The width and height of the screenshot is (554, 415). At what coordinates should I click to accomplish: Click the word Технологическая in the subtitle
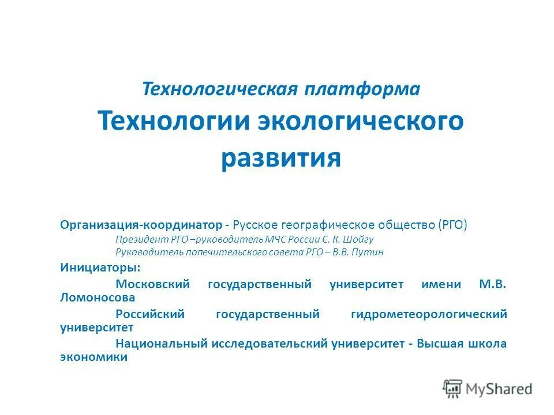click(220, 89)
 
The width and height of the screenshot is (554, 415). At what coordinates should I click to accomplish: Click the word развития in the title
click(280, 157)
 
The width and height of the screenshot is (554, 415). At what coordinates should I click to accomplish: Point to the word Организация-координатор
click(141, 224)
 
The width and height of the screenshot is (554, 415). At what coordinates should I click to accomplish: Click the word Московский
click(153, 284)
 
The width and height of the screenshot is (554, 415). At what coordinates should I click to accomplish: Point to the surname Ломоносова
click(98, 298)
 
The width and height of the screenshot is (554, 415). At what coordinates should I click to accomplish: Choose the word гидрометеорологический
click(429, 314)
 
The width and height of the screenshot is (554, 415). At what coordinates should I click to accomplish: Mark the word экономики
click(94, 358)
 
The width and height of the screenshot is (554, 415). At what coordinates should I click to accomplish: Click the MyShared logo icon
click(452, 388)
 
